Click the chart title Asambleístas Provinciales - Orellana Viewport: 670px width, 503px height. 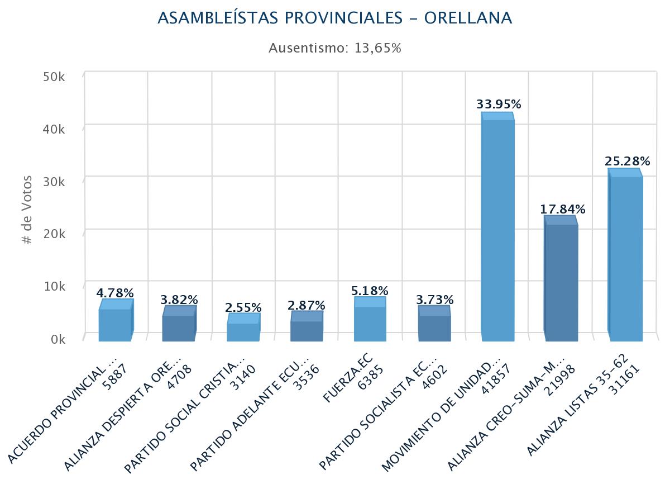(x=334, y=18)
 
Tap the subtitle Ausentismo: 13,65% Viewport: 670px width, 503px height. (x=334, y=48)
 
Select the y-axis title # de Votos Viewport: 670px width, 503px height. (x=27, y=210)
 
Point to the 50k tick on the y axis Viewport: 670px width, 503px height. (x=54, y=76)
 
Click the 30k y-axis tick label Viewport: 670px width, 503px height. (x=54, y=181)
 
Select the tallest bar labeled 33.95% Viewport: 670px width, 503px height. (x=497, y=229)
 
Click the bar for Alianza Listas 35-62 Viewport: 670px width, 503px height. (x=625, y=257)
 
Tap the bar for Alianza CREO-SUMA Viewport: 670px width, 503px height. (x=561, y=282)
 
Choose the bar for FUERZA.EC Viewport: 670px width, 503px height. (x=370, y=323)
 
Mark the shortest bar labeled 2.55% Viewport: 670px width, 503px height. (x=243, y=331)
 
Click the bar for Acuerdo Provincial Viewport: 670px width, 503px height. (x=115, y=324)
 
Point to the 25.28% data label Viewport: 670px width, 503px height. (x=627, y=162)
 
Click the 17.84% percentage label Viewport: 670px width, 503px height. (x=562, y=210)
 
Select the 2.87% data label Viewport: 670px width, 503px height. (x=306, y=305)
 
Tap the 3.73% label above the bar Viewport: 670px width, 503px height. (x=434, y=300)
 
